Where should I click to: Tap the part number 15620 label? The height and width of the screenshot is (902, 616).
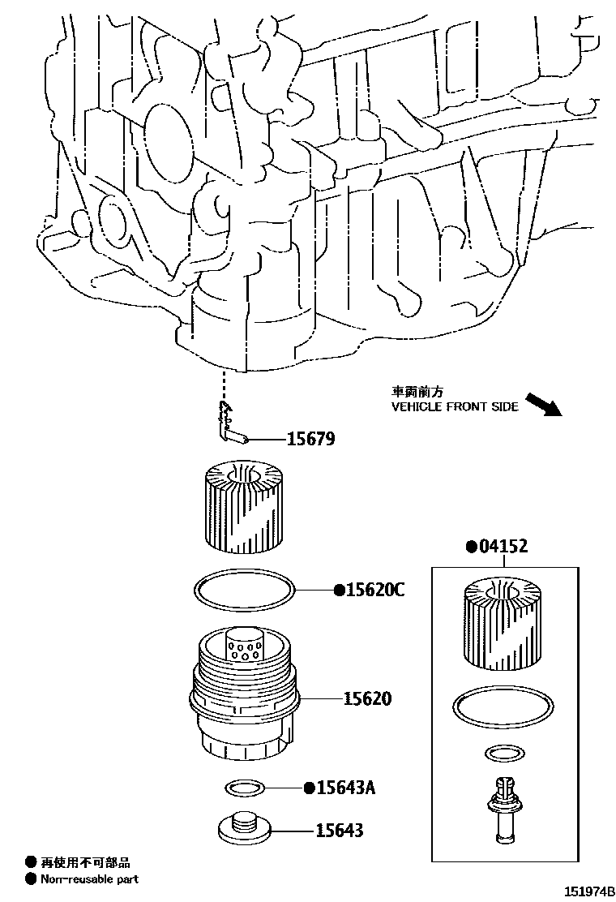(366, 698)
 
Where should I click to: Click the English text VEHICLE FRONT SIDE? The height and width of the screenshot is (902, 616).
(455, 407)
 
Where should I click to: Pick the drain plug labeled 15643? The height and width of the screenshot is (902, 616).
(243, 827)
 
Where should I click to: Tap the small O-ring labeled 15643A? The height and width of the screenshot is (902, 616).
(244, 787)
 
